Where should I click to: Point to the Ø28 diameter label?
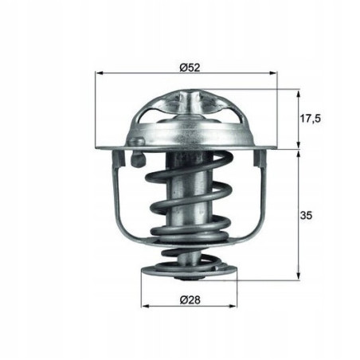coord(190,299)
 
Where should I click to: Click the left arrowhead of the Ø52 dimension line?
coord(99,73)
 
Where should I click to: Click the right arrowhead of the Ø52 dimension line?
coord(276,73)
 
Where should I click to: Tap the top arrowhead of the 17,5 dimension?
coord(299,93)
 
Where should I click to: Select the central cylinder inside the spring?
coord(190,199)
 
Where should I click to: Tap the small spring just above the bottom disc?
coord(190,256)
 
